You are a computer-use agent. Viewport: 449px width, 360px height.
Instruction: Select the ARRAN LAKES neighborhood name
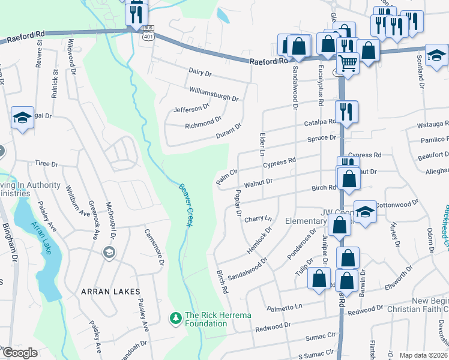pyautogui.click(x=110, y=292)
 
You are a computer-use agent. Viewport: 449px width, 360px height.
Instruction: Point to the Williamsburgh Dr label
pyautogui.click(x=214, y=94)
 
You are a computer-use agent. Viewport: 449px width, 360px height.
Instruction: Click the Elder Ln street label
pyautogui.click(x=262, y=143)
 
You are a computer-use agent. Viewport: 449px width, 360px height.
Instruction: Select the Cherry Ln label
pyautogui.click(x=258, y=220)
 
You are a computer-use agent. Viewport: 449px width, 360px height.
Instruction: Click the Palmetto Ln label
pyautogui.click(x=285, y=307)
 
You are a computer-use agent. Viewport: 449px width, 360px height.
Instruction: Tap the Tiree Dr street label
pyautogui.click(x=46, y=163)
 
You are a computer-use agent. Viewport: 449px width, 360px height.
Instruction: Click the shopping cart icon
pyautogui.click(x=348, y=61)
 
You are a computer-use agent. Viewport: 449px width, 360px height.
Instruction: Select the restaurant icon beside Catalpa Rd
pyautogui.click(x=346, y=110)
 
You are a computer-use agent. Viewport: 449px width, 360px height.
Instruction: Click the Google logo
pyautogui.click(x=20, y=353)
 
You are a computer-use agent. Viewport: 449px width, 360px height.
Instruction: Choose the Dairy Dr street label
pyautogui.click(x=200, y=73)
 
